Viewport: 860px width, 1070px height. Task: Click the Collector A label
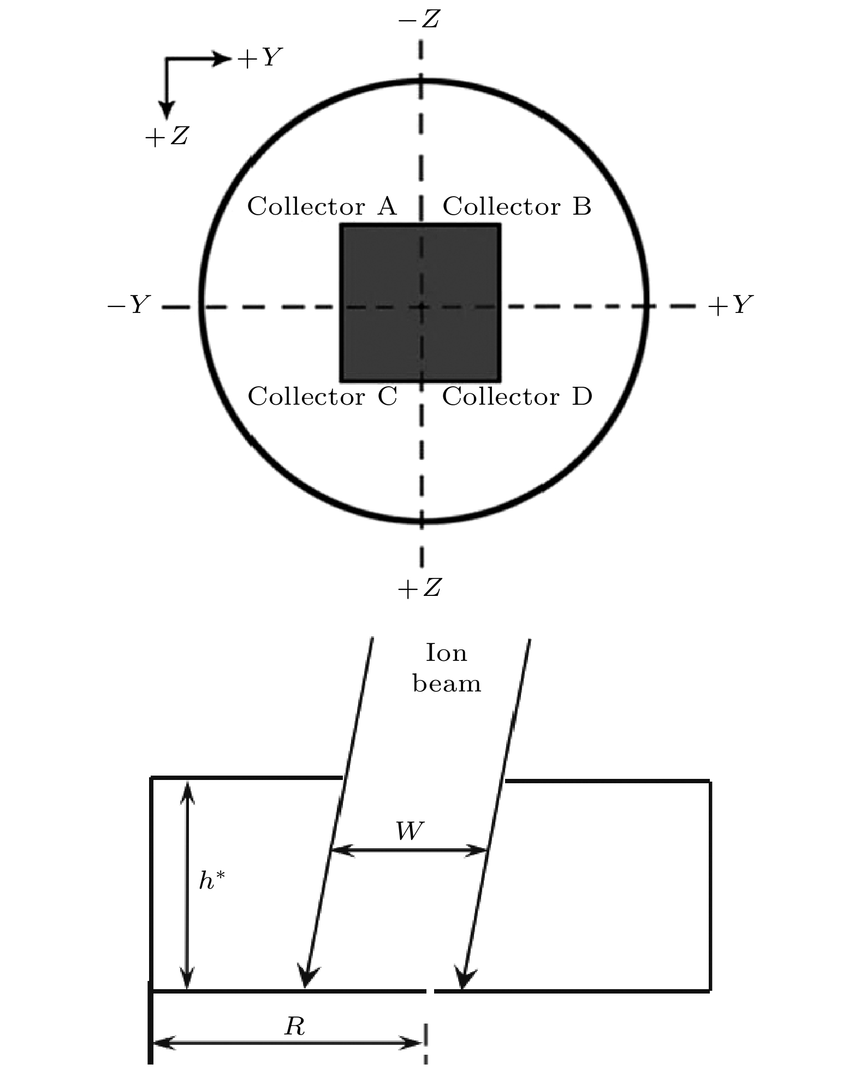point(322,206)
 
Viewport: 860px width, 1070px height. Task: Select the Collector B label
point(517,206)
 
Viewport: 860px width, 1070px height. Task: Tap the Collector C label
point(323,397)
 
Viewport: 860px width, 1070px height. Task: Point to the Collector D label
point(517,397)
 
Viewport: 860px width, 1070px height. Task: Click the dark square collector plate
point(420,303)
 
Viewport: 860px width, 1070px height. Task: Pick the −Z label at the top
point(419,21)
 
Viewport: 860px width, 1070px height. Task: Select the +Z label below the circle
point(419,588)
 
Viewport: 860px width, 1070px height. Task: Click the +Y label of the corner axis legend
point(259,57)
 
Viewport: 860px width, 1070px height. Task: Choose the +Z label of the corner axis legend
point(167,136)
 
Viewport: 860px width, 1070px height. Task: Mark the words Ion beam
point(447,668)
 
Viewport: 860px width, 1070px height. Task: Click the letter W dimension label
point(410,831)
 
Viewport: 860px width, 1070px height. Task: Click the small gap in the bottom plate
point(430,990)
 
